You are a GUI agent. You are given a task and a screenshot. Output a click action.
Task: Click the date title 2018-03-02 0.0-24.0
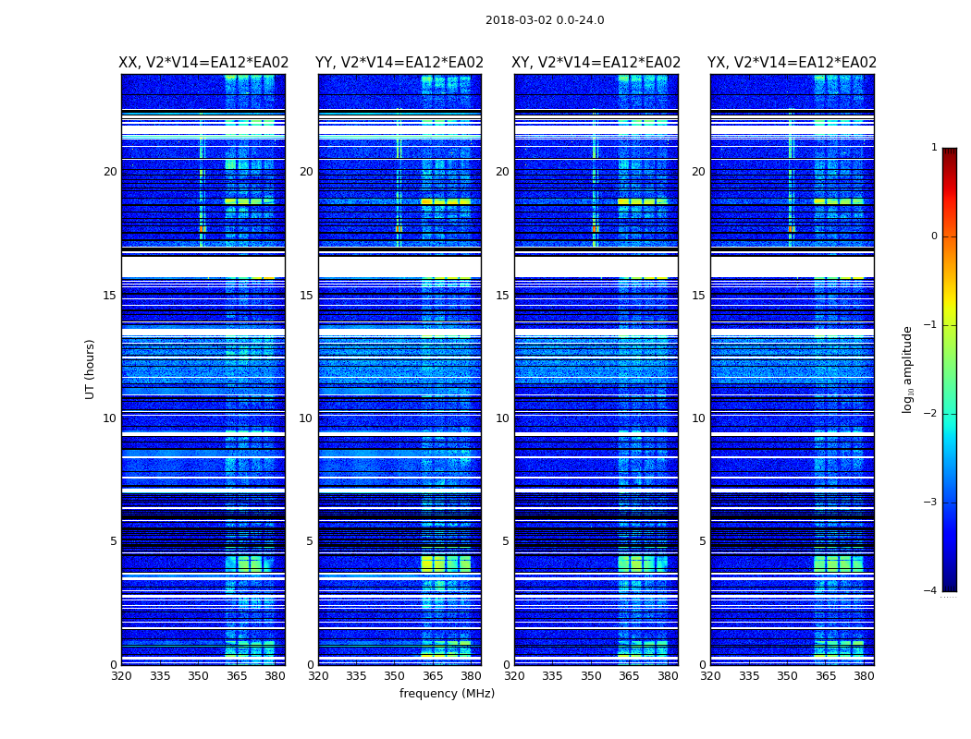tap(545, 20)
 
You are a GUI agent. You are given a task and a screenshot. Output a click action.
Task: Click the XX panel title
tap(203, 63)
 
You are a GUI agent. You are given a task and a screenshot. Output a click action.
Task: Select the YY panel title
tap(399, 63)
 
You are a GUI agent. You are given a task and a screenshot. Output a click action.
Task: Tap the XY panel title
tap(596, 63)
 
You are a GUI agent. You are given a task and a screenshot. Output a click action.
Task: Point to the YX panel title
tap(793, 63)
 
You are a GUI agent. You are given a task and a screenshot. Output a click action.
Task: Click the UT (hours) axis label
tap(91, 369)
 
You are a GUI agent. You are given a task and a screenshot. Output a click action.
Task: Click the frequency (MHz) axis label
tap(447, 694)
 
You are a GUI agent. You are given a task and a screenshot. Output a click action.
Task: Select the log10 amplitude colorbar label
tap(908, 369)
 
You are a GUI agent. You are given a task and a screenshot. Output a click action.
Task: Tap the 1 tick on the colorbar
tap(934, 148)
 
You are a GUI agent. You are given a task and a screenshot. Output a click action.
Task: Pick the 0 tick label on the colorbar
tap(934, 236)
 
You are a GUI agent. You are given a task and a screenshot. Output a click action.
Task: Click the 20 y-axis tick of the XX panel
tap(110, 172)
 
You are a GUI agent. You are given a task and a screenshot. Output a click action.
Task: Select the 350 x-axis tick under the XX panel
tap(198, 676)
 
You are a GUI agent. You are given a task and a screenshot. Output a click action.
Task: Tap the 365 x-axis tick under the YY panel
tap(433, 676)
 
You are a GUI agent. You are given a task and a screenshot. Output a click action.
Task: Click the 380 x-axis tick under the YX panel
tap(864, 676)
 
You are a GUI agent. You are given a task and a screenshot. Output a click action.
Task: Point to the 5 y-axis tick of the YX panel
tap(702, 541)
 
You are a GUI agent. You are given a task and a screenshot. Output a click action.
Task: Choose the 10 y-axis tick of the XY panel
tap(502, 418)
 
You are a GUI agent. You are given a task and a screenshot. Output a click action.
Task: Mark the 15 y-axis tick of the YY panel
tap(306, 296)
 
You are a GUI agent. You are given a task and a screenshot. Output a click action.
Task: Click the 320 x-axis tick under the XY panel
tap(514, 676)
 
